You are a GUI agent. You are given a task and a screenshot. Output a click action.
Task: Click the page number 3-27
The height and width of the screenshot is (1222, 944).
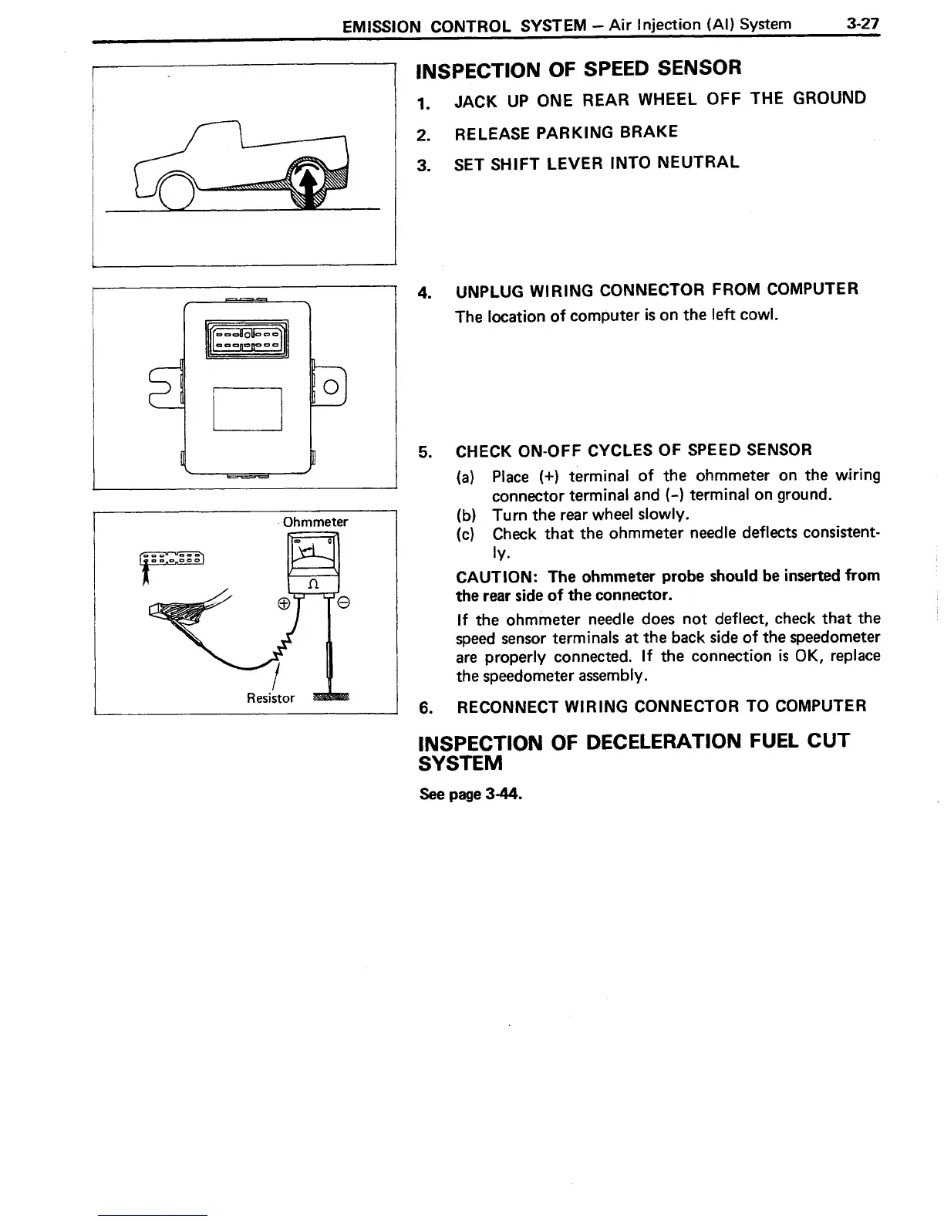point(861,24)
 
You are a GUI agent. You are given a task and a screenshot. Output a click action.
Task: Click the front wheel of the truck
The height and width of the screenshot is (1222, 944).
point(176,190)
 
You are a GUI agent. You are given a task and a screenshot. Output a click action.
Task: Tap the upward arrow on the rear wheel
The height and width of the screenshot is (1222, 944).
point(309,185)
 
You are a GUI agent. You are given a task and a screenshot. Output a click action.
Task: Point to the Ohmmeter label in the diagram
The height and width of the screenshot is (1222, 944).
point(315,522)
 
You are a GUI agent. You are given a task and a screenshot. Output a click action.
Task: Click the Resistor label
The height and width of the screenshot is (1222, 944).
point(270,698)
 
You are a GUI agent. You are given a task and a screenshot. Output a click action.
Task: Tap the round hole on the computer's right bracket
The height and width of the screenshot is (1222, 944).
point(330,386)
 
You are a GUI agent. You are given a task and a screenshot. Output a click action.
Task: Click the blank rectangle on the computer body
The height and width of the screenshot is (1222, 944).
point(247,408)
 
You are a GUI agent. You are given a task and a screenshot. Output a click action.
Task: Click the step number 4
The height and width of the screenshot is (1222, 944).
point(423,292)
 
